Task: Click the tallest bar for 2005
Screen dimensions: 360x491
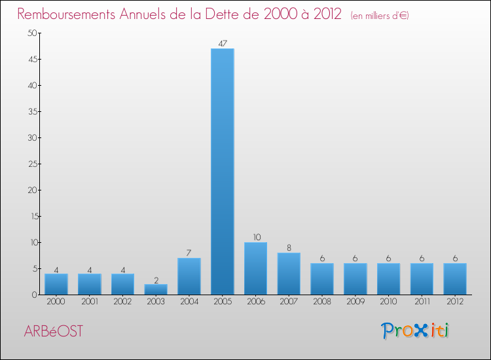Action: (222, 171)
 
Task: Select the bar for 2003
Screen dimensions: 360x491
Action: (156, 289)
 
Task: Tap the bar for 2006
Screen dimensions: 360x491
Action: (255, 268)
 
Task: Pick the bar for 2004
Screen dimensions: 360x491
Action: (189, 276)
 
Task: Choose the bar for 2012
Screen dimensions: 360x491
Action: (455, 279)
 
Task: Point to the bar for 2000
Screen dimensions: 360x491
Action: (56, 284)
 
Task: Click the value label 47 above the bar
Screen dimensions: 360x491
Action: (222, 44)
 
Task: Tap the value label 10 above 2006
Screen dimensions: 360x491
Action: (255, 237)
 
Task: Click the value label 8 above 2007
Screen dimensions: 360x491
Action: (289, 247)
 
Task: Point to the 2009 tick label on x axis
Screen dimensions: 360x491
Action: (355, 302)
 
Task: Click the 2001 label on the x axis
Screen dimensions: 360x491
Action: (89, 302)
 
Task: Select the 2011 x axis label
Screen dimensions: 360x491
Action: (422, 302)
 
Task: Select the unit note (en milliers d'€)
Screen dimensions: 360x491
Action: (380, 15)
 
